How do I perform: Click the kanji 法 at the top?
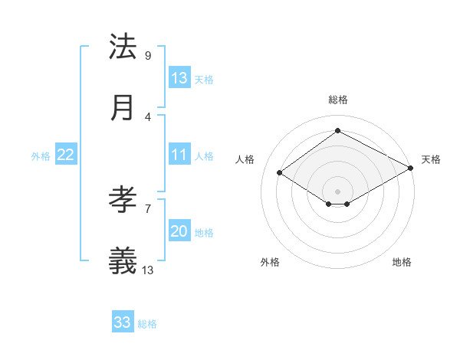pyautogui.click(x=123, y=47)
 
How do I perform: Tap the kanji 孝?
pyautogui.click(x=123, y=201)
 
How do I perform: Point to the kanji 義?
pyautogui.click(x=123, y=260)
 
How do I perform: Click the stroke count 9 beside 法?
pyautogui.click(x=147, y=56)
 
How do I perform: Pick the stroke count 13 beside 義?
pyautogui.click(x=148, y=270)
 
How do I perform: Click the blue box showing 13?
pyautogui.click(x=179, y=78)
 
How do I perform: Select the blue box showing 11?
pyautogui.click(x=179, y=155)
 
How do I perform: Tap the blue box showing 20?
pyautogui.click(x=179, y=231)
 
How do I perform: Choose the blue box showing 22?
pyautogui.click(x=65, y=155)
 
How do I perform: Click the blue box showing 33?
pyautogui.click(x=122, y=322)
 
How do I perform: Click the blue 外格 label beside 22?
pyautogui.click(x=41, y=156)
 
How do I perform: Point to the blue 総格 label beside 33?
pyautogui.click(x=147, y=324)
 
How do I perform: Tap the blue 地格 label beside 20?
pyautogui.click(x=204, y=233)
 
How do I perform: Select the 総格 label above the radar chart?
pyautogui.click(x=338, y=100)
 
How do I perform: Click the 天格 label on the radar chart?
pyautogui.click(x=431, y=159)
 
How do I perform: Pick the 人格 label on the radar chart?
pyautogui.click(x=245, y=159)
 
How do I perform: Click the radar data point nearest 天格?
pyautogui.click(x=411, y=168)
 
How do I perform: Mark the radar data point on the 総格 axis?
pyautogui.click(x=337, y=131)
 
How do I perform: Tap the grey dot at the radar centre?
pyautogui.click(x=337, y=191)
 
